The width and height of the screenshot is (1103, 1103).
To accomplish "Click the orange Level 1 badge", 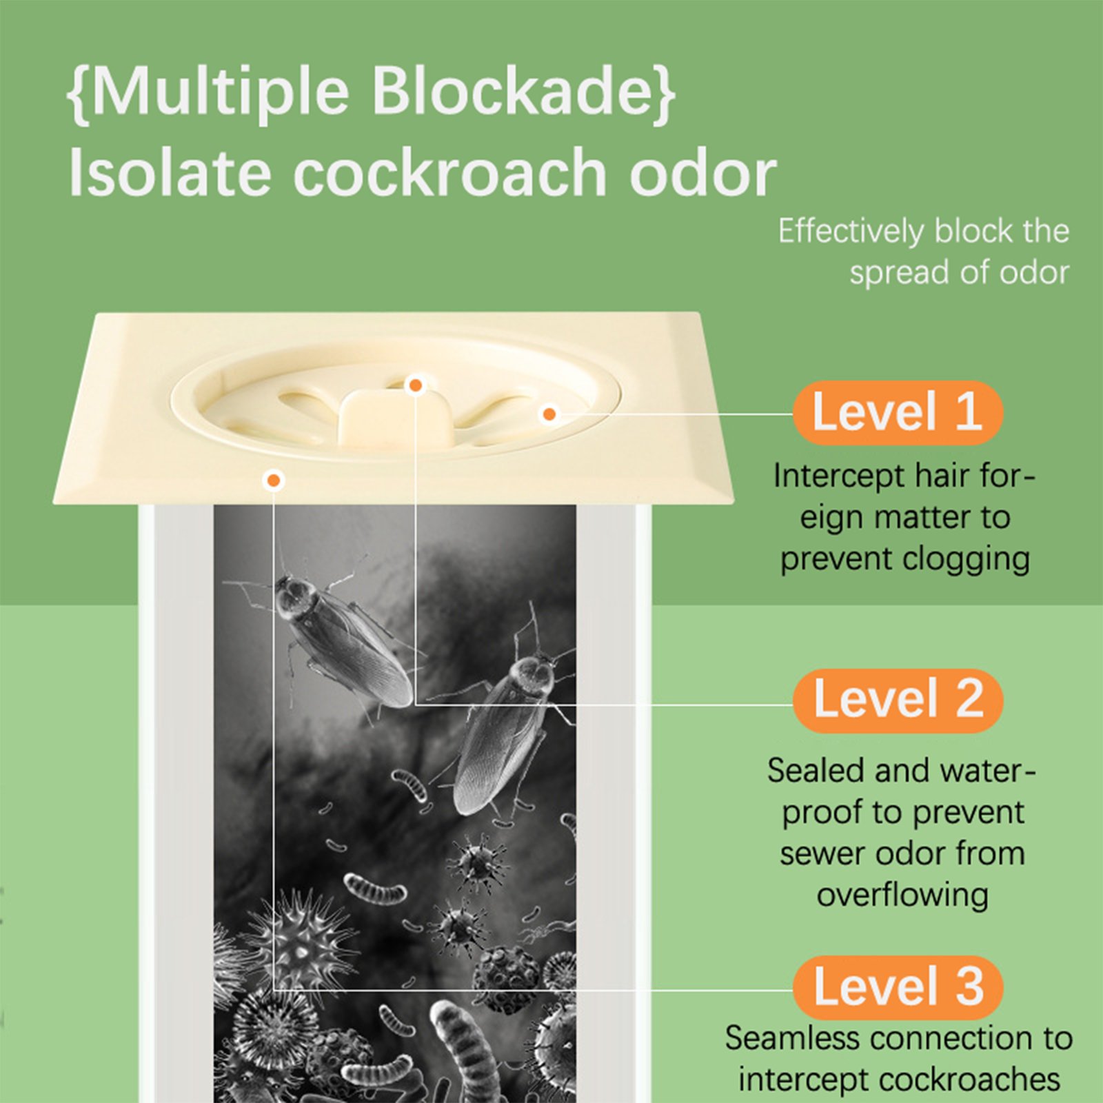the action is click(x=898, y=412).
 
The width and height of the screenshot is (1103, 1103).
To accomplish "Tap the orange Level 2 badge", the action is click(x=898, y=700).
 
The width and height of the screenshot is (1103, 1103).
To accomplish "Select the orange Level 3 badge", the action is click(x=898, y=987).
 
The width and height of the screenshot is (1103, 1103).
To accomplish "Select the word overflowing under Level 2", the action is click(x=902, y=895).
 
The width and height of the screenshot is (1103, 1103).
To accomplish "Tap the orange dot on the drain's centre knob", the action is click(x=415, y=385).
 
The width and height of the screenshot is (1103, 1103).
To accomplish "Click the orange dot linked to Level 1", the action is click(x=549, y=414).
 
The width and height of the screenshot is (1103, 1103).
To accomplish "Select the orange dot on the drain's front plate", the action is click(x=274, y=480).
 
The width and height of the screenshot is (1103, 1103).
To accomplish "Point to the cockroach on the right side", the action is click(x=507, y=724).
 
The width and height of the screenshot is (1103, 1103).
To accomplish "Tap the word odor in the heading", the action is click(x=703, y=172).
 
